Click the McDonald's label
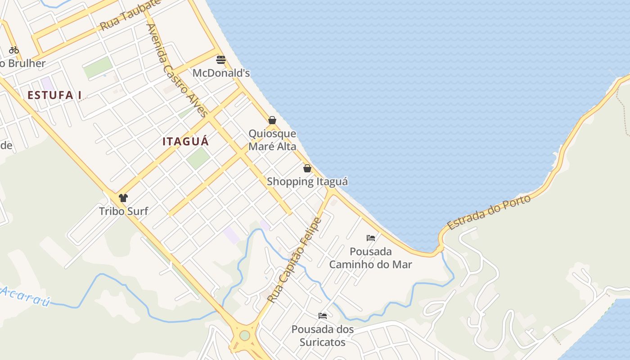click(x=221, y=73)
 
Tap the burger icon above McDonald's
click(x=221, y=60)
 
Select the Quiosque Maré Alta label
click(x=272, y=140)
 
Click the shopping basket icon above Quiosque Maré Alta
click(x=272, y=120)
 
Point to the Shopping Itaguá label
click(x=307, y=181)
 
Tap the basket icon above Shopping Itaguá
click(x=307, y=168)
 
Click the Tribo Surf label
click(x=123, y=211)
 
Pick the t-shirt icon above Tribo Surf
click(x=123, y=198)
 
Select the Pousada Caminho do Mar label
click(x=370, y=258)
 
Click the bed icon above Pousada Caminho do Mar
click(x=371, y=238)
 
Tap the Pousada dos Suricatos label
click(x=323, y=336)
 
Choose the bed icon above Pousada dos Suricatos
click(x=323, y=316)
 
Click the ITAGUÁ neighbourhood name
click(x=186, y=141)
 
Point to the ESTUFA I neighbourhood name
click(x=54, y=95)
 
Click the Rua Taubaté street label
click(x=130, y=15)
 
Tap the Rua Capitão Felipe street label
click(x=295, y=260)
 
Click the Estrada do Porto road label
click(x=489, y=212)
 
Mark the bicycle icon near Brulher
click(x=14, y=50)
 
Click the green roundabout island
click(x=244, y=336)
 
